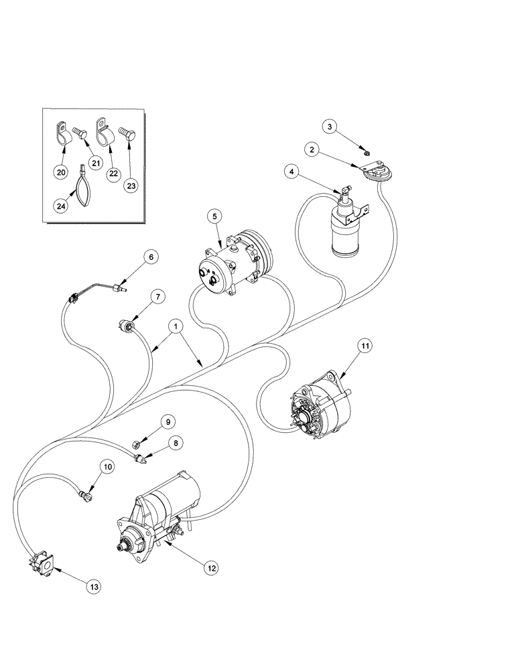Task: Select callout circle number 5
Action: coord(214,216)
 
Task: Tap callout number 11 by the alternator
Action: coord(363,346)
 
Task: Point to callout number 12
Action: coord(211,567)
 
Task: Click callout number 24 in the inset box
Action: coord(62,207)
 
